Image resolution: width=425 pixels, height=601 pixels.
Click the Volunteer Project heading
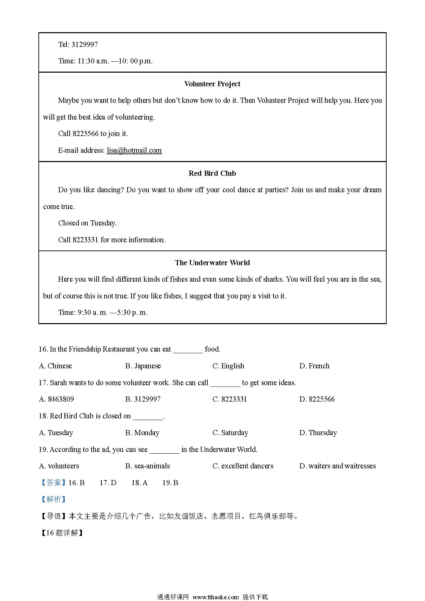(212, 84)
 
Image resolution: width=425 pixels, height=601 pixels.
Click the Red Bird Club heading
(212, 173)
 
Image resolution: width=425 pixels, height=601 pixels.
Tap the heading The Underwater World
(212, 263)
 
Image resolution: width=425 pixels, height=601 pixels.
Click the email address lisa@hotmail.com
(134, 150)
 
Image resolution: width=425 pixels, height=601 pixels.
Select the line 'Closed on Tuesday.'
(87, 223)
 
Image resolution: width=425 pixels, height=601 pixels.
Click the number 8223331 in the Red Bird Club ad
(85, 240)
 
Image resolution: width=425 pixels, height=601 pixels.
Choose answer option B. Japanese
(143, 366)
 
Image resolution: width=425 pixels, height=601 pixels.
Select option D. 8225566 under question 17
(317, 399)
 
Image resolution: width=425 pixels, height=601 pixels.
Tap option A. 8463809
(57, 399)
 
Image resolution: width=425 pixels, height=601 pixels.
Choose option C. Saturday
(230, 433)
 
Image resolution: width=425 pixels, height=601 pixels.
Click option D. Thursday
(318, 433)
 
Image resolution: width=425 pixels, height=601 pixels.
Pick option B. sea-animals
(147, 466)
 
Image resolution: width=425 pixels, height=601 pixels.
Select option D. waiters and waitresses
(337, 466)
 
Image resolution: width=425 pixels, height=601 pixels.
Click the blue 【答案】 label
(53, 483)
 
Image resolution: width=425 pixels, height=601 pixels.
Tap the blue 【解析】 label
(53, 499)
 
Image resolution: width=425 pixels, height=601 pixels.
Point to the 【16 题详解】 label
(62, 533)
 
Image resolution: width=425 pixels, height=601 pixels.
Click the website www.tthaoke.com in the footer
(216, 597)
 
